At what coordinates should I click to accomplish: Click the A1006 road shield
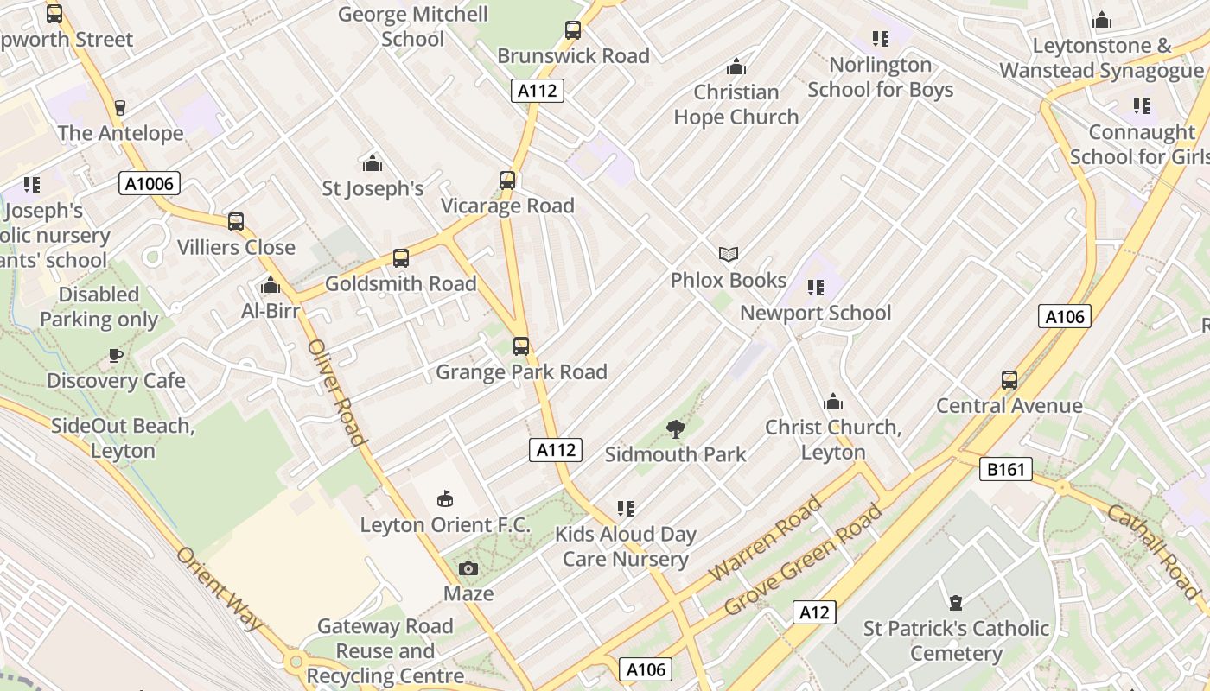click(x=150, y=183)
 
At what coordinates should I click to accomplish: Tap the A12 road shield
click(x=814, y=612)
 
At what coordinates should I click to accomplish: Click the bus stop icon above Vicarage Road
click(x=507, y=181)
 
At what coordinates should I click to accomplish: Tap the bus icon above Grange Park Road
click(x=521, y=346)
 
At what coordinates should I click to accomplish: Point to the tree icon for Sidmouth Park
click(x=676, y=428)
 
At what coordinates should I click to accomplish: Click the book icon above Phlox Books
click(x=729, y=254)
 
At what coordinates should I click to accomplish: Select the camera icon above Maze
click(x=468, y=568)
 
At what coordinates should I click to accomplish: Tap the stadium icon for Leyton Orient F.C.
click(x=445, y=498)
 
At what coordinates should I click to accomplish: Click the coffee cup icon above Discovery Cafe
click(x=116, y=355)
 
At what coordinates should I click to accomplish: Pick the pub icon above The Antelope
click(x=120, y=108)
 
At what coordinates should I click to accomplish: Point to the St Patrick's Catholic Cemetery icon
click(x=956, y=603)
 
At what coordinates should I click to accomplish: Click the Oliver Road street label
click(x=337, y=393)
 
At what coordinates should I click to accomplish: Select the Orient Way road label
click(x=220, y=588)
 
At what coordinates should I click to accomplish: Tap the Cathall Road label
click(x=1154, y=554)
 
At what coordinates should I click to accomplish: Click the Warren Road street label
click(x=765, y=538)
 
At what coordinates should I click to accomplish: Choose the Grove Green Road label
click(x=803, y=559)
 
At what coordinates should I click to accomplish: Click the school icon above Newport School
click(x=815, y=288)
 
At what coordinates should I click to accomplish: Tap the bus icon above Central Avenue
click(x=1009, y=380)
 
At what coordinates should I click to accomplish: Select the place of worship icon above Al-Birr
click(x=271, y=286)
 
